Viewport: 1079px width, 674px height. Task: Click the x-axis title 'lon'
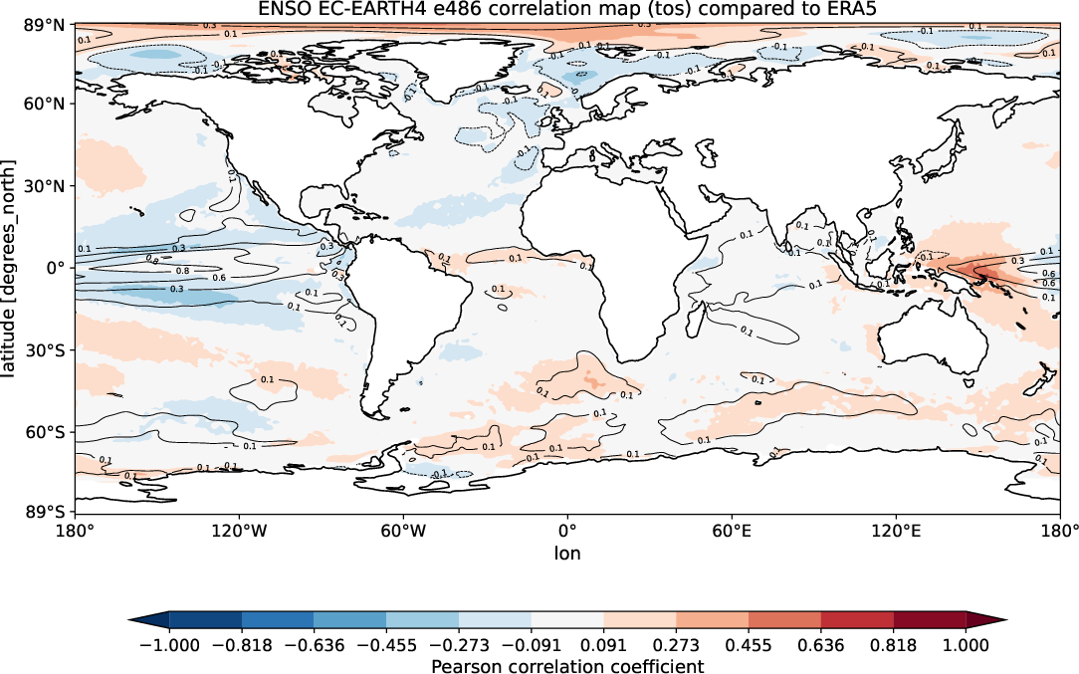[x=567, y=553]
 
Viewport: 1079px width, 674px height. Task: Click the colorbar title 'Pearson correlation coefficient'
[x=567, y=665]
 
